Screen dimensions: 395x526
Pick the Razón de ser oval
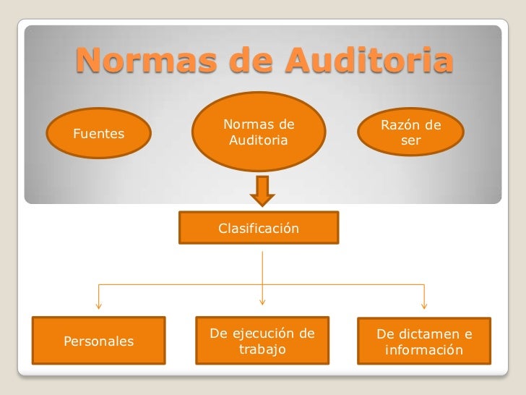(x=410, y=132)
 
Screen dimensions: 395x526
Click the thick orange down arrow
(x=262, y=191)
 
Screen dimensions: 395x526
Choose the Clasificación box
(x=259, y=229)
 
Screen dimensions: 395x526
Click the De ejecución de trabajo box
(x=262, y=341)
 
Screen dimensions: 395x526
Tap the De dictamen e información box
(x=425, y=342)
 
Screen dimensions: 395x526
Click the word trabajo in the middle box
(x=262, y=349)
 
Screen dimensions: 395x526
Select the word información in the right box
(x=424, y=351)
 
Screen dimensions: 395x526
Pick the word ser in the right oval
(x=410, y=140)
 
